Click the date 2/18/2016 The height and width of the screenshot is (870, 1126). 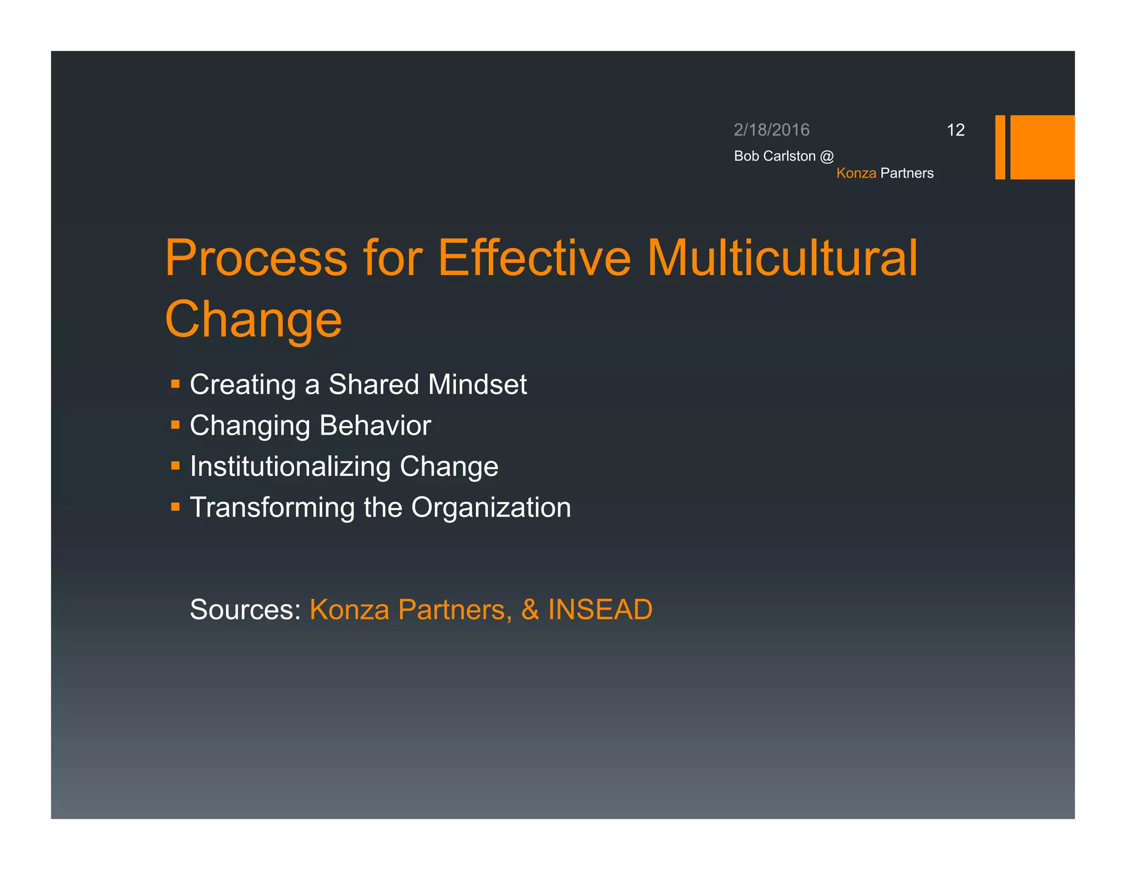(771, 130)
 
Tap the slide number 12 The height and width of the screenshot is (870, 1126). (956, 130)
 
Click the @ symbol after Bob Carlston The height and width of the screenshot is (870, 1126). (827, 156)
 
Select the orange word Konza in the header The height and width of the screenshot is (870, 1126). (856, 173)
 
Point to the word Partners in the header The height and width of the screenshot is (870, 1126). (907, 173)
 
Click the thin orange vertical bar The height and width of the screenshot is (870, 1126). (1000, 147)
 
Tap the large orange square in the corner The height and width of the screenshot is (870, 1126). (1042, 147)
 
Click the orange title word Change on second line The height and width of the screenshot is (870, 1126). (253, 320)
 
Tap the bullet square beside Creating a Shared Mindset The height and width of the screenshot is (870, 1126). (175, 384)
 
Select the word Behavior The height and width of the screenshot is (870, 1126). (375, 425)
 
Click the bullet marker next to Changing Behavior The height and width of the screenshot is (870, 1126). (175, 425)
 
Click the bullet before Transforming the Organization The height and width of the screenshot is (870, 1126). (175, 506)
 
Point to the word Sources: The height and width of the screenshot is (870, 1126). (245, 609)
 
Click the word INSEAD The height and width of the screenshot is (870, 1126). (600, 609)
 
